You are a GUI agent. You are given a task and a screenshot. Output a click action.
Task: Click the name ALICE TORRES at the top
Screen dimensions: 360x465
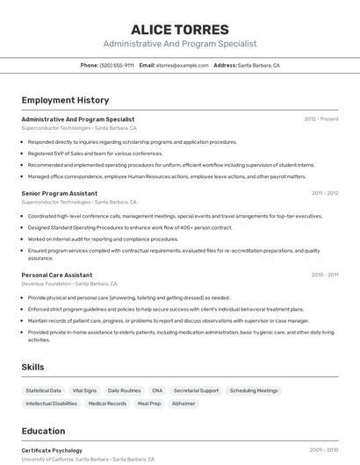click(179, 29)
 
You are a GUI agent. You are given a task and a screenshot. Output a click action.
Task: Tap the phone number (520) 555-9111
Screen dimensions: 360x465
click(117, 66)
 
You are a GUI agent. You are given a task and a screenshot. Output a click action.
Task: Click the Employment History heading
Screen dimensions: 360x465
click(65, 101)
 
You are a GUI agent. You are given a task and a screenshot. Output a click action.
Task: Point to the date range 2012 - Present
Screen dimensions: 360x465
click(321, 119)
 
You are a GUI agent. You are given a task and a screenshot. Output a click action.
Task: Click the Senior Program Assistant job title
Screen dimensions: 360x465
click(60, 193)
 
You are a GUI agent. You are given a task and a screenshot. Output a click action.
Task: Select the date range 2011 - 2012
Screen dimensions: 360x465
click(324, 193)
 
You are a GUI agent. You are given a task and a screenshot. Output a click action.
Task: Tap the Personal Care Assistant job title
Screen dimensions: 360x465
click(57, 275)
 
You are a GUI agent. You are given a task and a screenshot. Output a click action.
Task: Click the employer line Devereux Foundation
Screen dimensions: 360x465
click(45, 283)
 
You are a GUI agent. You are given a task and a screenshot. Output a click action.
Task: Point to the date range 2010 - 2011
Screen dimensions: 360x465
click(324, 275)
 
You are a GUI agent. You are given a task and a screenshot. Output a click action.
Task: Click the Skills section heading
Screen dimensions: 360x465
click(32, 367)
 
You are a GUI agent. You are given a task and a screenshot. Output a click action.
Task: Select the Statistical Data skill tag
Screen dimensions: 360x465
click(44, 390)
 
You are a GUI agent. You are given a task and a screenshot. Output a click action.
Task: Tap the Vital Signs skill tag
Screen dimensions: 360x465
click(84, 390)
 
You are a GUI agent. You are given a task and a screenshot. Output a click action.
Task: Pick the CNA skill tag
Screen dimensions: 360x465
click(157, 390)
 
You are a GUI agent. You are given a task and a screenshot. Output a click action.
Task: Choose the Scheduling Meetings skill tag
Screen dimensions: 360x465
click(254, 390)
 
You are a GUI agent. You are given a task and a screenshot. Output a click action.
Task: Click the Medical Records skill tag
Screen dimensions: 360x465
click(107, 404)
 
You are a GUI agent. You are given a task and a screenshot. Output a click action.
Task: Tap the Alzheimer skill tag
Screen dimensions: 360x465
click(184, 404)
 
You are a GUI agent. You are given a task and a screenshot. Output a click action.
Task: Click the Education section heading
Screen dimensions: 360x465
click(43, 432)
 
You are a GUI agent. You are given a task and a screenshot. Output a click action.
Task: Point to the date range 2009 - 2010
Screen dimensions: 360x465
click(323, 450)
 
